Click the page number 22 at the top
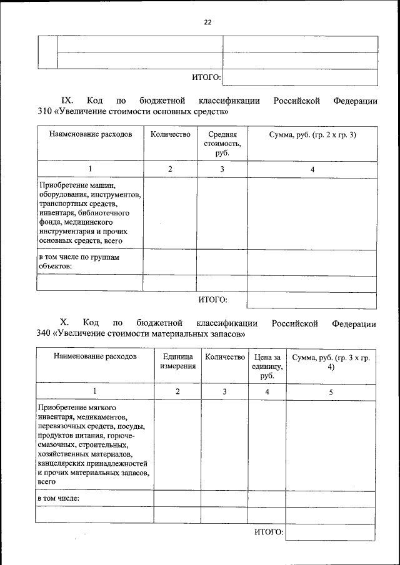click(x=207, y=22)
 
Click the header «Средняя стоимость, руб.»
click(x=222, y=143)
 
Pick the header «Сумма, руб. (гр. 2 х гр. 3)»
click(x=312, y=135)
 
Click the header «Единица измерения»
click(x=177, y=361)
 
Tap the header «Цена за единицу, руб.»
click(x=267, y=366)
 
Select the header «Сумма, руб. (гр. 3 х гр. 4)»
click(x=331, y=361)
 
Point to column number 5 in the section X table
click(x=331, y=391)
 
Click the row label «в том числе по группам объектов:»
click(x=69, y=262)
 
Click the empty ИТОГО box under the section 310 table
click(x=312, y=300)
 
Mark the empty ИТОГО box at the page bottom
click(x=331, y=532)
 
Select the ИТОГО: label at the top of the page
click(x=206, y=77)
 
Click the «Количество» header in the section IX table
click(x=170, y=135)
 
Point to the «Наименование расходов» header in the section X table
click(x=94, y=356)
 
